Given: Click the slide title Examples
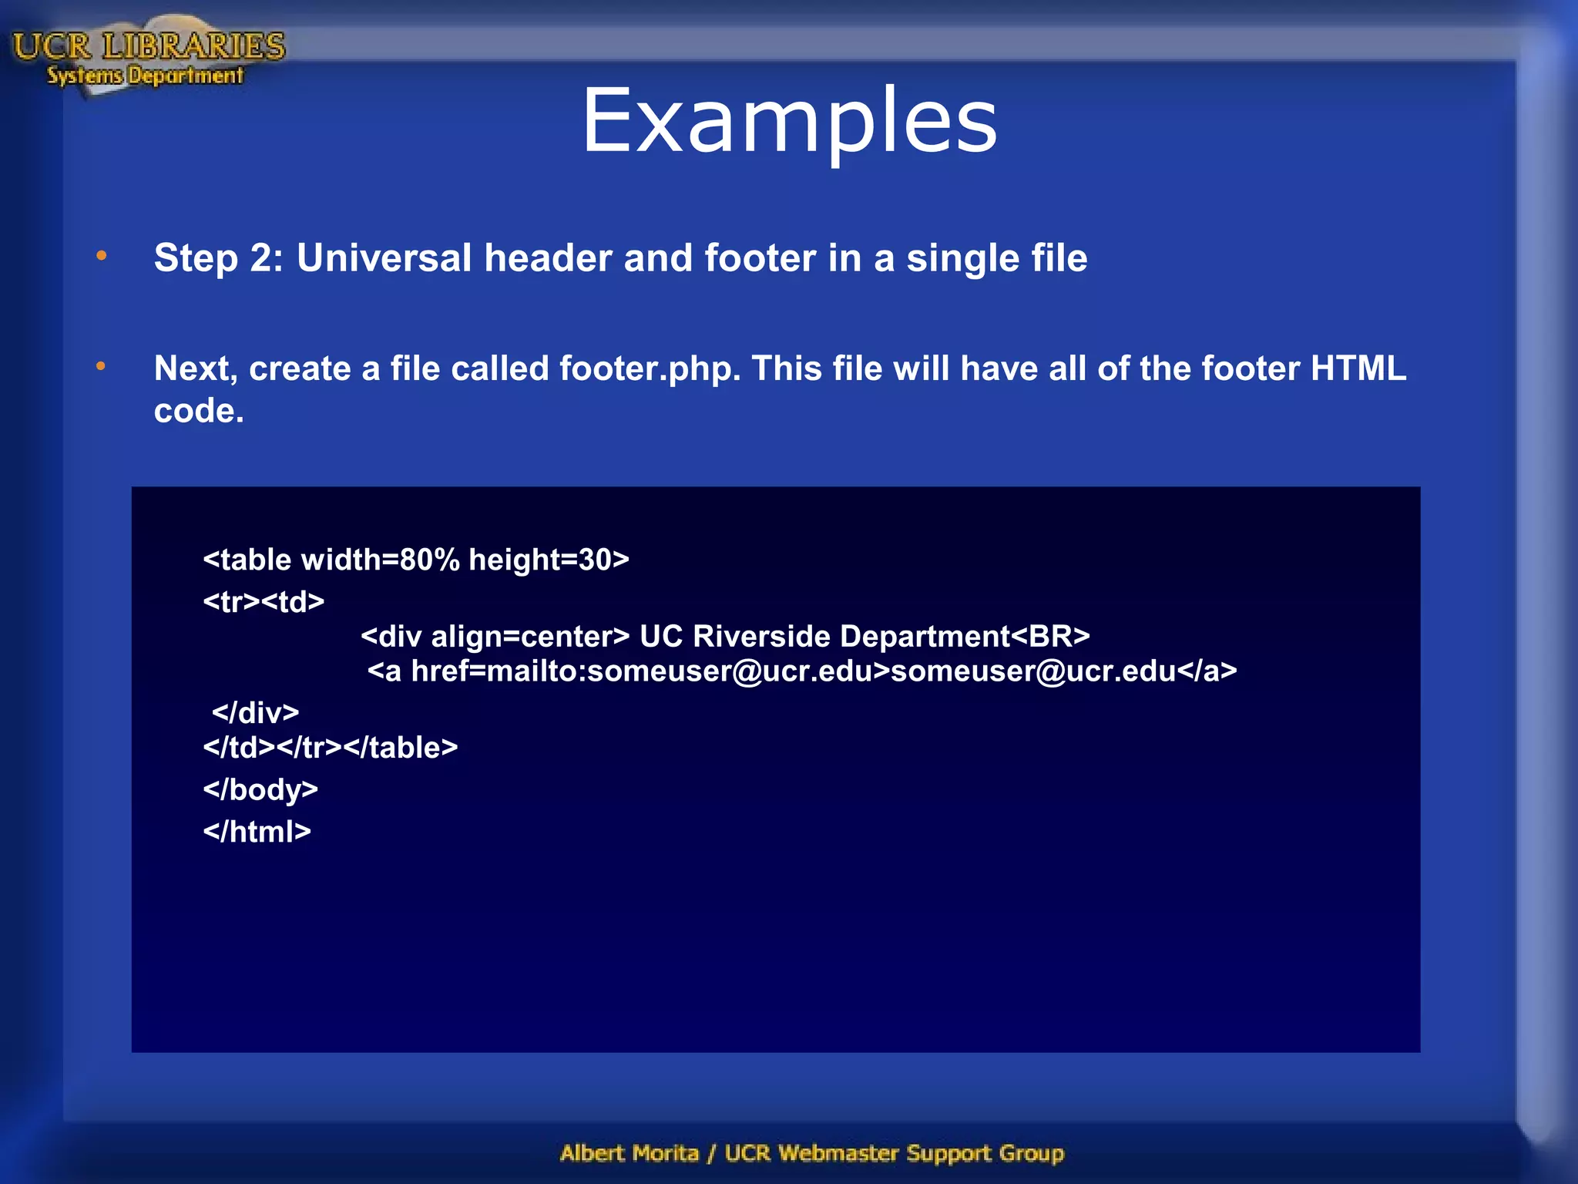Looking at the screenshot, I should pos(789,121).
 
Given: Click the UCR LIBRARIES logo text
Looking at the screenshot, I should pos(149,46).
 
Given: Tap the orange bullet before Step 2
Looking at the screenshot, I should pos(102,256).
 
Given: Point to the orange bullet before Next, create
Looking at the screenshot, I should pos(102,367).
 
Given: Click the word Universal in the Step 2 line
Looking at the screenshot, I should pos(384,257).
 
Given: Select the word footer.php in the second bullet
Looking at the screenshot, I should pos(650,369).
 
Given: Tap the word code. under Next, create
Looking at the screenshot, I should pos(199,411).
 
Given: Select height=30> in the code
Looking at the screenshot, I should pos(549,560).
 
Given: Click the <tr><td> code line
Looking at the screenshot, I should pos(264,601).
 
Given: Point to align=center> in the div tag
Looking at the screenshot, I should pos(530,637).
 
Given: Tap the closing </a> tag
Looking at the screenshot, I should pos(1207,671).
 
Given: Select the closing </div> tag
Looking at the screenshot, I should pos(255,713).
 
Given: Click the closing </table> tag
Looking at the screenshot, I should pos(401,748).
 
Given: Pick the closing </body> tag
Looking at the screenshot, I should pos(260,790).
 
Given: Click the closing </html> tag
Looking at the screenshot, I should pos(257,832).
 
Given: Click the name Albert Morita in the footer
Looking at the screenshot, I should pos(630,1153).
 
